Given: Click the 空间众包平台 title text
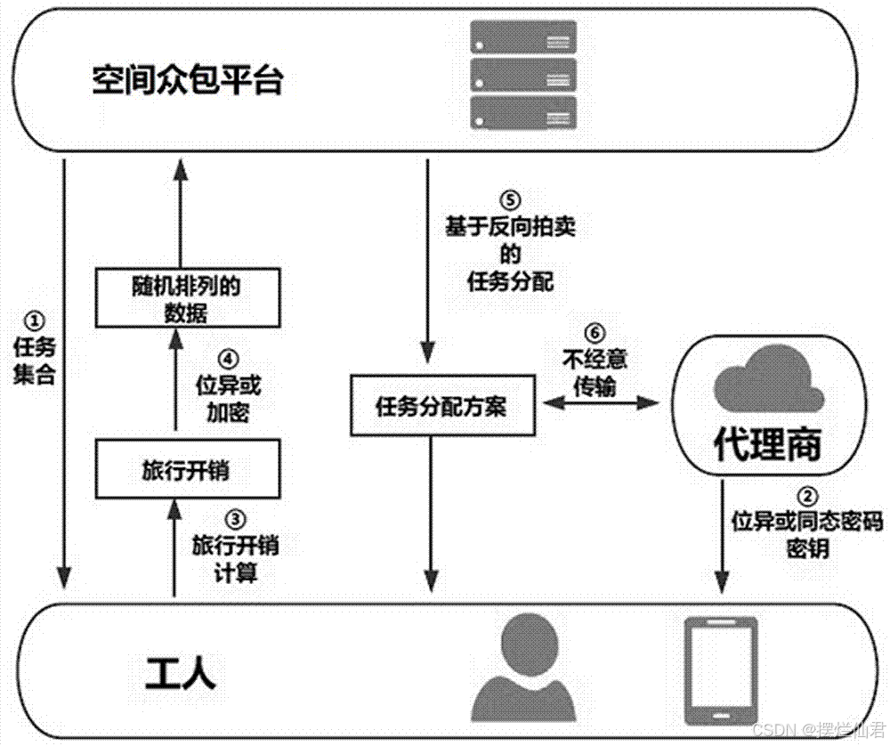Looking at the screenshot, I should pyautogui.click(x=188, y=82).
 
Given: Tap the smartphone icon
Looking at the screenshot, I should pyautogui.click(x=720, y=670).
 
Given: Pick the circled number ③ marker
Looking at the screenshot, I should pyautogui.click(x=234, y=518).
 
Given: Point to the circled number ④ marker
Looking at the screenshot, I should pyautogui.click(x=229, y=359).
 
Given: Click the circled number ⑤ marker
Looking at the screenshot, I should pyautogui.click(x=509, y=200).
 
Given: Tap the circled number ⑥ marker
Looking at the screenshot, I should pyautogui.click(x=596, y=334).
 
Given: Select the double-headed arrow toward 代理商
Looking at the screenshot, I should pyautogui.click(x=599, y=403).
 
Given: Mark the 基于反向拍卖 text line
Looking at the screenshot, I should pyautogui.click(x=510, y=226).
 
